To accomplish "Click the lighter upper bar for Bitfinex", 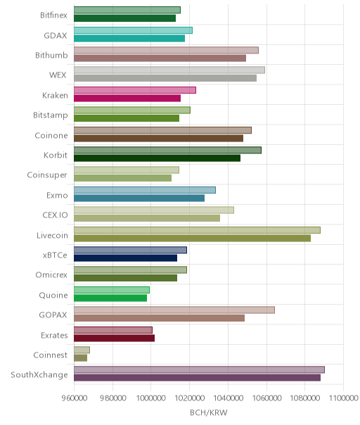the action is pos(127,10).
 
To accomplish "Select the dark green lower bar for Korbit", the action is pos(157,158).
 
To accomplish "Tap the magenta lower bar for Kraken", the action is pos(127,98).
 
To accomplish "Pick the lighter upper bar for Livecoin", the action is pos(197,230).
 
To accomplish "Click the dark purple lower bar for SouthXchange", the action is pos(197,378).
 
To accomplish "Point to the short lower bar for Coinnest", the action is pos(80,357).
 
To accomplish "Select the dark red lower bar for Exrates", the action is pos(115,338).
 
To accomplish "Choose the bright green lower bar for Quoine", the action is pos(110,298).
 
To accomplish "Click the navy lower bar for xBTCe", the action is pos(125,258).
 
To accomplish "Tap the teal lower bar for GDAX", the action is pos(129,38).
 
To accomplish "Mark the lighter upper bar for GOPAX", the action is pos(174,310).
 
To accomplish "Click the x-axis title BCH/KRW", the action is pos(209,412).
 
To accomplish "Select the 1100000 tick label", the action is pos(343,398).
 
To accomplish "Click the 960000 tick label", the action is pos(75,398).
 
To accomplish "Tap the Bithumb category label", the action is pos(51,56).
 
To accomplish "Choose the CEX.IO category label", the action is pos(55,215).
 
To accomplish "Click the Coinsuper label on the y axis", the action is pos(47,175).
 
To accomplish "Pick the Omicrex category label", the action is pos(51,275).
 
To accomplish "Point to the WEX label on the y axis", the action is pos(58,75).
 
